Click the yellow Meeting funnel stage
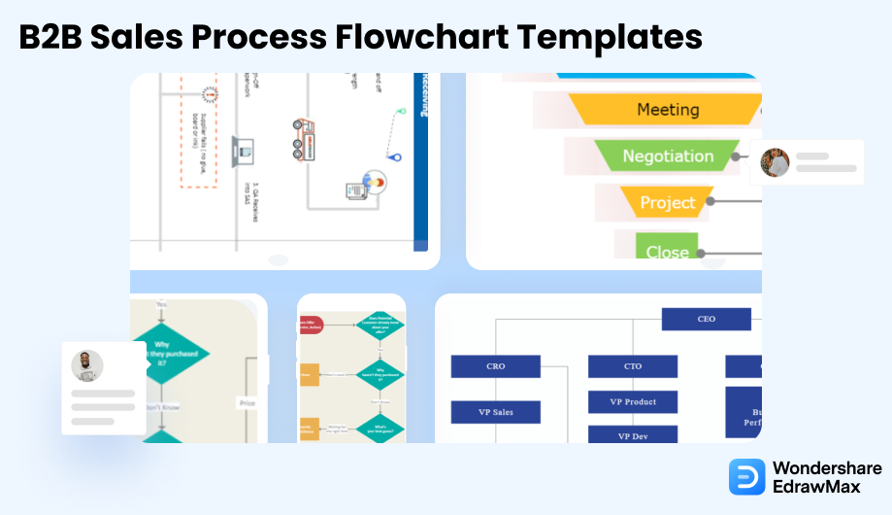tap(668, 110)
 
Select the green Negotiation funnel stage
tap(668, 156)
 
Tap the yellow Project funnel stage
tap(667, 203)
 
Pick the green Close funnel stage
tap(667, 249)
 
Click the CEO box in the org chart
tap(706, 319)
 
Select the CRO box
tap(495, 366)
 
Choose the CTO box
tap(632, 366)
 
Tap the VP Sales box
tap(495, 412)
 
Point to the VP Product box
tap(632, 402)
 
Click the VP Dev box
tap(632, 436)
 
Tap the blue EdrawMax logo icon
tap(746, 477)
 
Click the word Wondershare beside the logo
tap(827, 468)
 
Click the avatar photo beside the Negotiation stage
tap(775, 162)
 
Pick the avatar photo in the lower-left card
tap(87, 366)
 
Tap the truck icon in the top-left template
tap(304, 137)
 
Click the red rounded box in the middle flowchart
tap(311, 325)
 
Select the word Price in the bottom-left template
tap(247, 401)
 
